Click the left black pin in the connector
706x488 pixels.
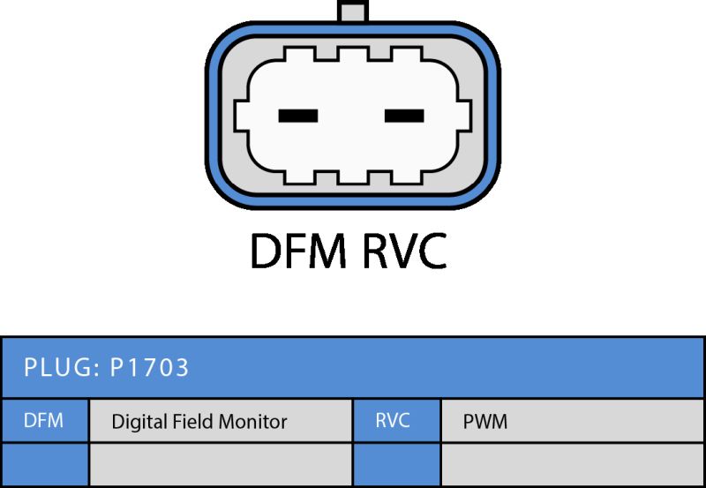click(x=298, y=116)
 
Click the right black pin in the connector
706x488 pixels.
click(x=404, y=116)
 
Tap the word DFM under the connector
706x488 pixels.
click(x=298, y=251)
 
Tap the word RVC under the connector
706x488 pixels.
click(x=404, y=251)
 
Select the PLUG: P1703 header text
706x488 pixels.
click(x=106, y=367)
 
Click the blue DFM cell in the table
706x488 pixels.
click(x=45, y=420)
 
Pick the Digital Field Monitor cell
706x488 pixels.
click(x=221, y=420)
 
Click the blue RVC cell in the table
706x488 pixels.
click(x=396, y=420)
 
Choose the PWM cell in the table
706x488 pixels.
click(x=572, y=420)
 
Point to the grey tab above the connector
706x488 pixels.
click(x=353, y=10)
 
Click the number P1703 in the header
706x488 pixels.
click(x=149, y=367)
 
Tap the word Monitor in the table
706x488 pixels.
click(x=252, y=421)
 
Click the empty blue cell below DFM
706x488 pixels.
click(x=45, y=464)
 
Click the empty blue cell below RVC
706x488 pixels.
click(x=396, y=464)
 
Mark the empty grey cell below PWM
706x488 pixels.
click(x=572, y=464)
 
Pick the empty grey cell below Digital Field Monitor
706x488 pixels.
click(x=221, y=464)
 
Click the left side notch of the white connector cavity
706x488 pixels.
click(x=241, y=116)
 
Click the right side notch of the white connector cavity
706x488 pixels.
click(x=464, y=116)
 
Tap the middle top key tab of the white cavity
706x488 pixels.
click(x=353, y=54)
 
